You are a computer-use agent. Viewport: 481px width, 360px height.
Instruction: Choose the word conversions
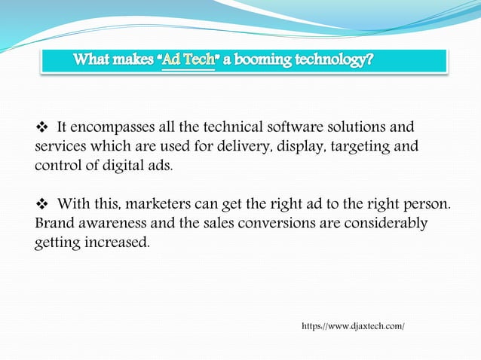point(277,224)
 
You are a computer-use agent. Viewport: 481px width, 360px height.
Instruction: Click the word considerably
point(384,224)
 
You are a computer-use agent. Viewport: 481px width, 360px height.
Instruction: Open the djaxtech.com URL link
point(353,326)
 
